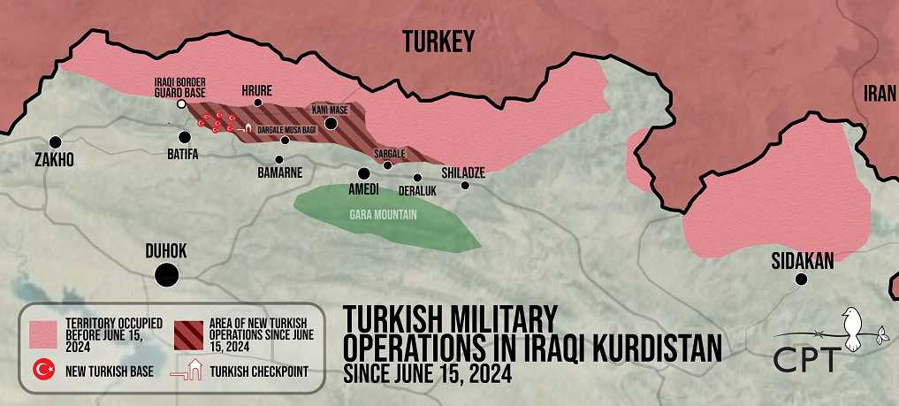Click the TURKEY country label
438,41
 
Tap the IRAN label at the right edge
880,95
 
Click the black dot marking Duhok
165,275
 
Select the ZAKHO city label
54,161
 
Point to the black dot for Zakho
56,142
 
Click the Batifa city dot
185,137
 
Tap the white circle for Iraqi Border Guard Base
181,104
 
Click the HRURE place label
257,90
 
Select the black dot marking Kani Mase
331,123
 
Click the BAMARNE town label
280,172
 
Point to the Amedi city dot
363,173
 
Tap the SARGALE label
389,154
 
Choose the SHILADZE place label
463,172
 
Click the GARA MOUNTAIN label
382,214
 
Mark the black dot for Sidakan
801,280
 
